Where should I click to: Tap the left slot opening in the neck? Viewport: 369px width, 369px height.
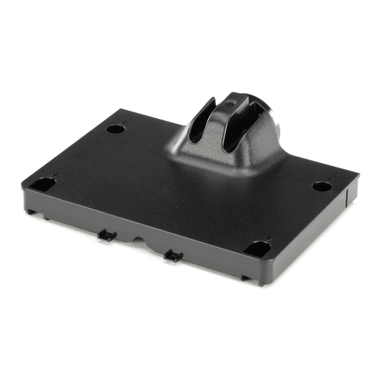coord(199,122)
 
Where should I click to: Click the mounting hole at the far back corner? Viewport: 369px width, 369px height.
coord(114,128)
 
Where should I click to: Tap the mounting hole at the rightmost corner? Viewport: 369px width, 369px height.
coord(321,186)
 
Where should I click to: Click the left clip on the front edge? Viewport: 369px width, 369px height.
coord(106,235)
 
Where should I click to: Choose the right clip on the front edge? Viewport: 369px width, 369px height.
coord(173,256)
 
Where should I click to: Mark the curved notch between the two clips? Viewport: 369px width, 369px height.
coord(139,241)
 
